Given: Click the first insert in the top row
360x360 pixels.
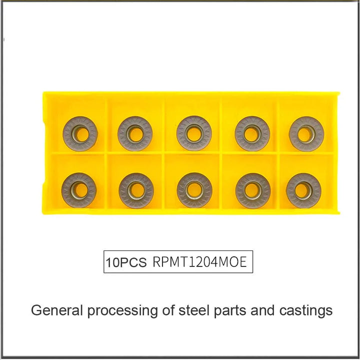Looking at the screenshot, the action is coord(80,134).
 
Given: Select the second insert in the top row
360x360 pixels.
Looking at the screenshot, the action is coord(135,133).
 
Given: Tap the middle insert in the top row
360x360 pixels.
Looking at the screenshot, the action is coord(194,133).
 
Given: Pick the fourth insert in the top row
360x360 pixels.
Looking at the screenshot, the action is coord(252,134).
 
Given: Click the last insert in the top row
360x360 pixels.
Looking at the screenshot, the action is coord(306,134).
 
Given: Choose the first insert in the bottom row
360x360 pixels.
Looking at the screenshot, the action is coord(79,190).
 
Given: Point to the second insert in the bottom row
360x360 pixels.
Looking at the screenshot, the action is coord(136,190).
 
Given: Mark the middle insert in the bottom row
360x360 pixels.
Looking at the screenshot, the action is coord(194,190).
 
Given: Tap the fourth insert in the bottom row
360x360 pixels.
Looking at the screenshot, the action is coord(253,191).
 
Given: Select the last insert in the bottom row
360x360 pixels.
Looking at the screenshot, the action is coord(304,191).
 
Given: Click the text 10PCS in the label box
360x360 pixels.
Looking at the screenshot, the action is coord(126,262).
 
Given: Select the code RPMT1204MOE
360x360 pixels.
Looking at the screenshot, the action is coord(199,261).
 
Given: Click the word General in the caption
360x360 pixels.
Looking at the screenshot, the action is coord(56,310).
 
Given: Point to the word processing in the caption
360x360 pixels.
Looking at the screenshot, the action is coord(122,311).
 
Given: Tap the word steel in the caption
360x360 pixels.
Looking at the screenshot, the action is coord(194,310).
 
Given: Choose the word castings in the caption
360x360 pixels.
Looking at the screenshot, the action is coord(306,311).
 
